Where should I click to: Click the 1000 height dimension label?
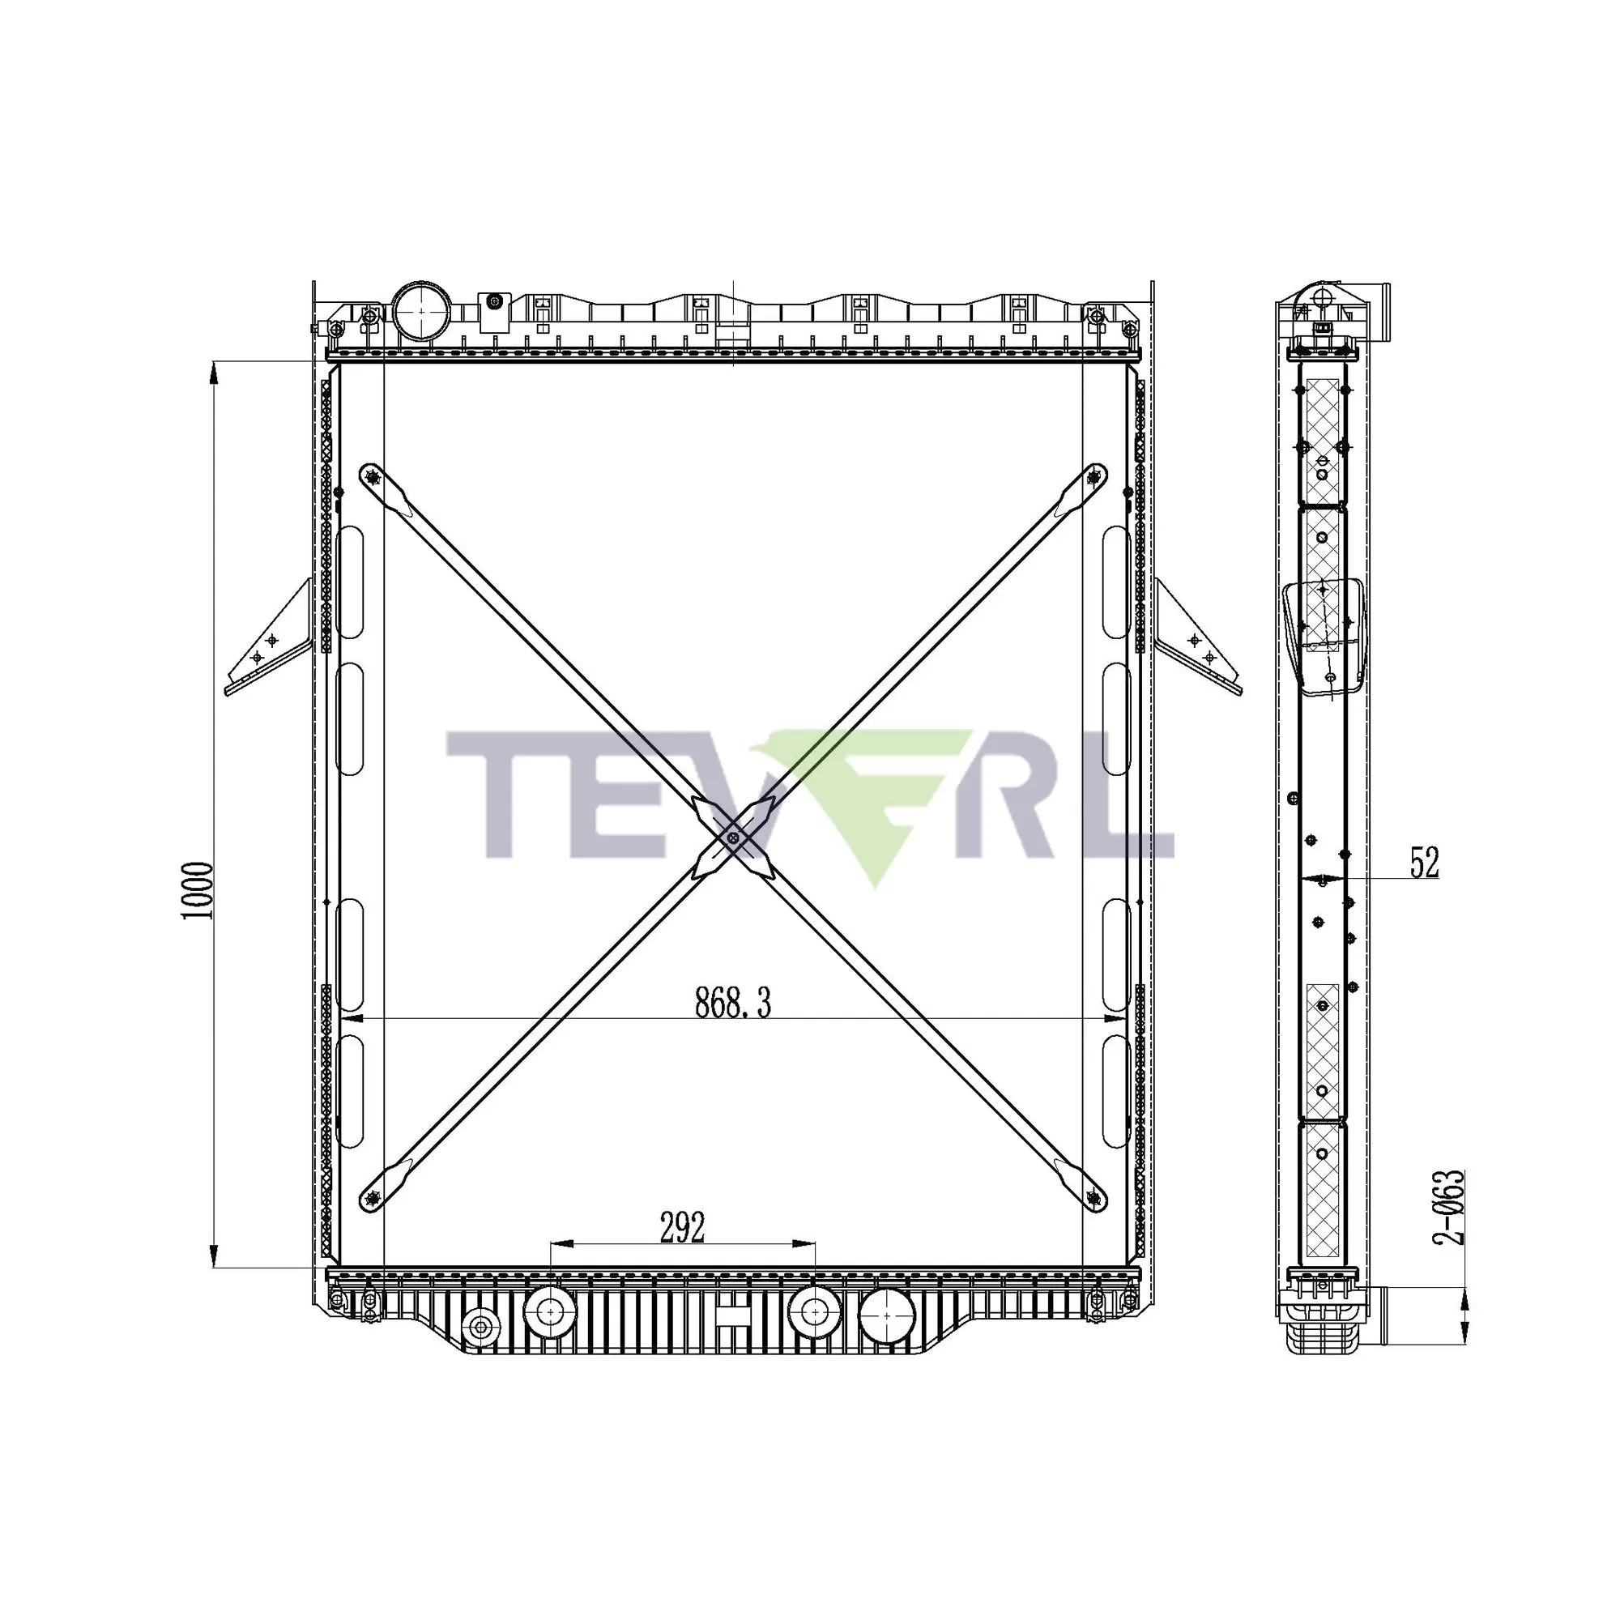coord(198,889)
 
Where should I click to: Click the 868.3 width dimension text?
coord(732,1003)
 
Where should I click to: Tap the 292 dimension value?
coord(682,1229)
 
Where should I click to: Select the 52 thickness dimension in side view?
coord(1424,863)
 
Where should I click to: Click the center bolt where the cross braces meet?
coord(734,838)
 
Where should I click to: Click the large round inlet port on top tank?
coord(422,310)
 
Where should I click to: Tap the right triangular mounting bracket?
coord(1197,642)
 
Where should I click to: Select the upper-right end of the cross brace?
coord(1093,478)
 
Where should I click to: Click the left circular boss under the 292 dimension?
coord(550,1311)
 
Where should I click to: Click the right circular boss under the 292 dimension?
coord(813,1311)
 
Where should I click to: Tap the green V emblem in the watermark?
coord(872,805)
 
